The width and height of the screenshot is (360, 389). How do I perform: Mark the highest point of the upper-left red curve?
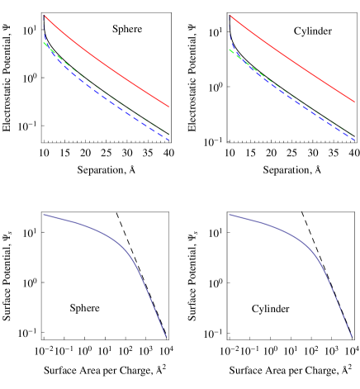[x=44, y=15]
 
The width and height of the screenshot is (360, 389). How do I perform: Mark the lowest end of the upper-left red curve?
[x=169, y=107]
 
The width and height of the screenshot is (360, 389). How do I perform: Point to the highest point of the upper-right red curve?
[x=230, y=15]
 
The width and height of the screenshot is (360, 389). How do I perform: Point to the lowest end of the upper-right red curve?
[x=355, y=107]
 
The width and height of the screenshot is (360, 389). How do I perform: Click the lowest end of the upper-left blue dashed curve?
[x=169, y=140]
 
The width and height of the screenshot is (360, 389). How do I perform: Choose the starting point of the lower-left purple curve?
[x=44, y=215]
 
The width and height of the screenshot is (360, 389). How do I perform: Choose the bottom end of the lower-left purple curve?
[x=167, y=337]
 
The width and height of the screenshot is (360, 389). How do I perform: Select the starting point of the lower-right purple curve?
[x=230, y=215]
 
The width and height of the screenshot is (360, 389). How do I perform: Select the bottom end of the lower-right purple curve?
[x=353, y=337]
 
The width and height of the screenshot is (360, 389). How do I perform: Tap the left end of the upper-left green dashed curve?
[x=44, y=42]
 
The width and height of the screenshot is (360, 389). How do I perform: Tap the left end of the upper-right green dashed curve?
[x=230, y=50]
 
